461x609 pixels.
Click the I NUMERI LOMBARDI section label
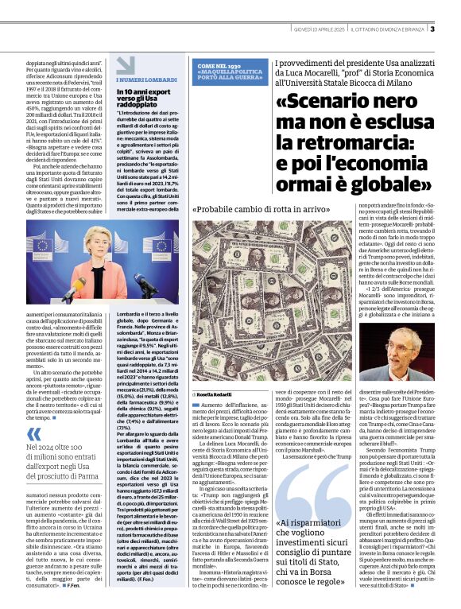point(144,80)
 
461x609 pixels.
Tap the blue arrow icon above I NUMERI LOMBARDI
point(119,68)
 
